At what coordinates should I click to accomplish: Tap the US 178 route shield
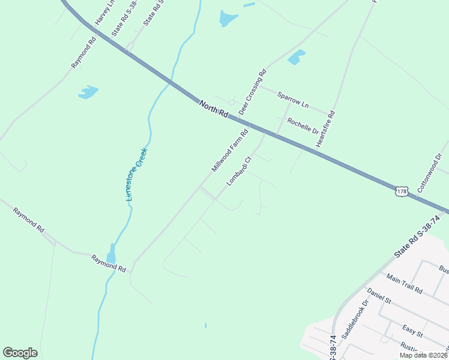point(402,191)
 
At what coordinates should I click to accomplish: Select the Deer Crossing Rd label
point(252,92)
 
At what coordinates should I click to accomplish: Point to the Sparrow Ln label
point(292,100)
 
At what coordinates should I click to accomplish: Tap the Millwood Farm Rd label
point(230,151)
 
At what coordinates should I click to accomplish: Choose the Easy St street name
point(412,330)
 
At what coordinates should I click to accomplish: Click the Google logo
point(20,353)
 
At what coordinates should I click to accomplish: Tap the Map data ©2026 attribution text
point(423,355)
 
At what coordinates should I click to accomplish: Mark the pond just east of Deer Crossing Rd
point(296,58)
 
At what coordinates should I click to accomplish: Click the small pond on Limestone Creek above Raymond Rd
point(111,254)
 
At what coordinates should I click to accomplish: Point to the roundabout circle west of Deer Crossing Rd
point(231,102)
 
